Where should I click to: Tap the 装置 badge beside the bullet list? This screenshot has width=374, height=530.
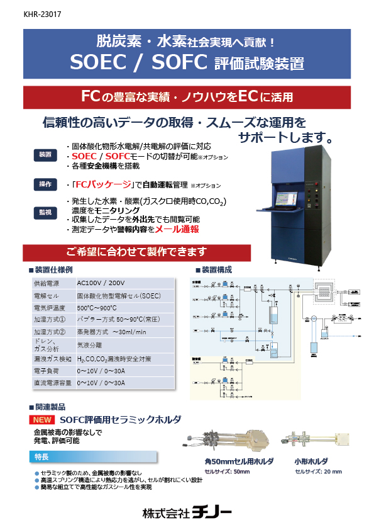click(45, 155)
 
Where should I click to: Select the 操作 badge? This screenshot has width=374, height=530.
click(45, 184)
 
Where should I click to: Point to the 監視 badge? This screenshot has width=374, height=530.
click(45, 213)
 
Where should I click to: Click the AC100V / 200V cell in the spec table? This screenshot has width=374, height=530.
click(100, 284)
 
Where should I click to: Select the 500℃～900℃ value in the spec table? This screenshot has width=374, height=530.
click(94, 308)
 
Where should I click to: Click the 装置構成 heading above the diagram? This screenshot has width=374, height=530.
click(217, 269)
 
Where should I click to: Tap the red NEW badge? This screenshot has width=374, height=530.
click(43, 419)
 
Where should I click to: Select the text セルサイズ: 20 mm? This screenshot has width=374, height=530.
click(318, 471)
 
